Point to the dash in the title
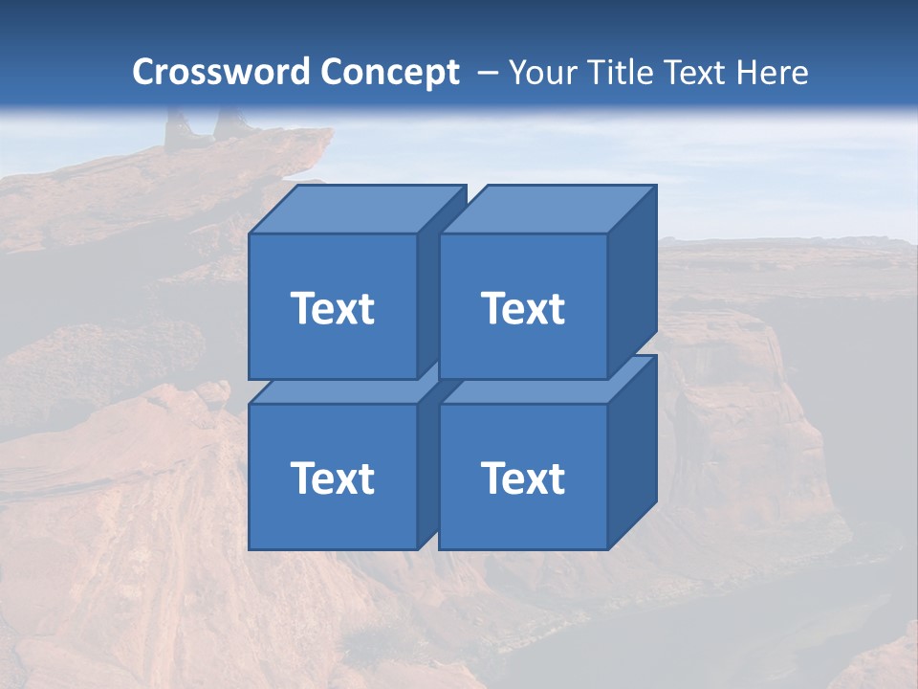coord(486,73)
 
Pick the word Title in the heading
coord(620,73)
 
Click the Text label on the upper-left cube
coord(332,308)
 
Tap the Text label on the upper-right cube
coord(523,308)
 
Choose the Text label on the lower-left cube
coord(332,478)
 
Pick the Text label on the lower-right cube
coord(523,478)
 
